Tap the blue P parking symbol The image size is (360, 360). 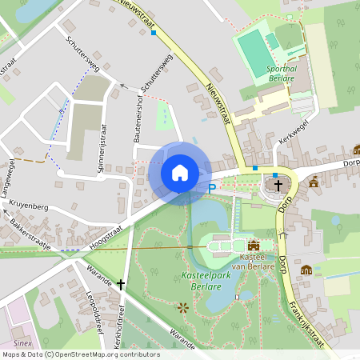click(x=212, y=189)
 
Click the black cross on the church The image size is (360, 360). click(x=278, y=186)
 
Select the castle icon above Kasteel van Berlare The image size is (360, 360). click(x=254, y=246)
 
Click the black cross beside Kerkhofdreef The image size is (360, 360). click(x=121, y=284)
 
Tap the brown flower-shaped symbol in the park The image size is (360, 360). click(x=183, y=307)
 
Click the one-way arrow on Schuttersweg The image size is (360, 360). click(x=123, y=85)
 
